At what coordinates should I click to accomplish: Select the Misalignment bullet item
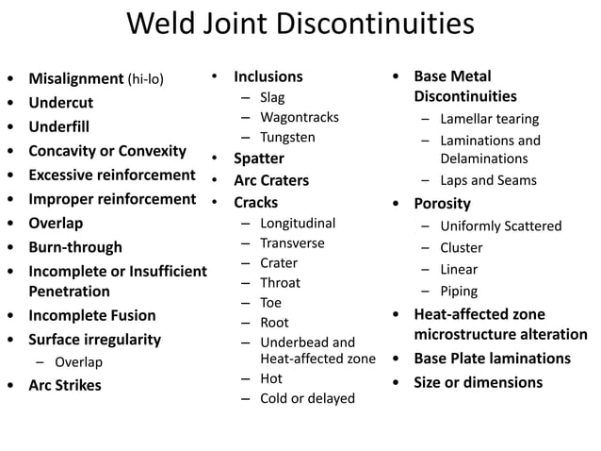coord(76,78)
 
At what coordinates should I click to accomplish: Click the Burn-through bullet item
coord(75,247)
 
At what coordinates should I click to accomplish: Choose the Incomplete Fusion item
coord(91,315)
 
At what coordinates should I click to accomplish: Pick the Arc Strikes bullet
coord(65,385)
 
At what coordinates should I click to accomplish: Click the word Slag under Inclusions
coord(272,97)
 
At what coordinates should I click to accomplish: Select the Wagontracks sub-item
coord(300,117)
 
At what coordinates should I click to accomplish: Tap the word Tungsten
coord(287,137)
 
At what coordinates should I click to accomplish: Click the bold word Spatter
coord(259,158)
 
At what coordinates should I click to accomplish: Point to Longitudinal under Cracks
coord(298,224)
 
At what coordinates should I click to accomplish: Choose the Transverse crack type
coord(292,242)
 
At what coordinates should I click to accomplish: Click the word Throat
coord(280,282)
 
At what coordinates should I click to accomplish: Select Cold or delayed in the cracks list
coord(307,398)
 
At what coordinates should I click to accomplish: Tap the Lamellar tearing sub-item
coord(488,119)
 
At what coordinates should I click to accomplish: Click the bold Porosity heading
coord(442,203)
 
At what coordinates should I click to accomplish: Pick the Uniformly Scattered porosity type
coord(500,226)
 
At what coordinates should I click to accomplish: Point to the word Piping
coord(459,292)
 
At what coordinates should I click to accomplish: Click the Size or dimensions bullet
coord(478,382)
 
